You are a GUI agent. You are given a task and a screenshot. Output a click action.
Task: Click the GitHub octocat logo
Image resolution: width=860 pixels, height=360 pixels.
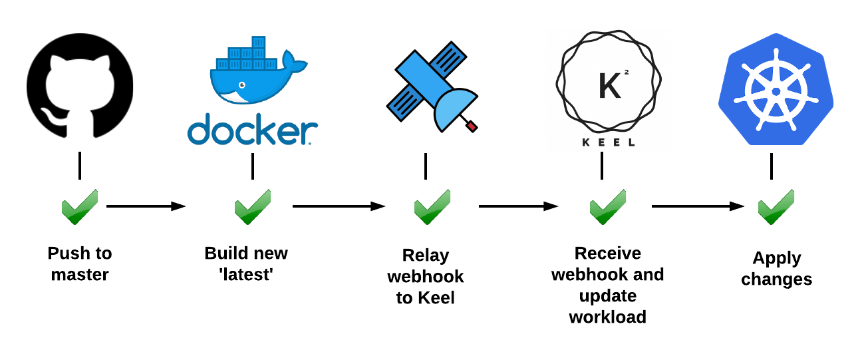pos(80,86)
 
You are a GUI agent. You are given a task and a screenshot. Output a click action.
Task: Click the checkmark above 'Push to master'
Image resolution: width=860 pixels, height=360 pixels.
pos(80,206)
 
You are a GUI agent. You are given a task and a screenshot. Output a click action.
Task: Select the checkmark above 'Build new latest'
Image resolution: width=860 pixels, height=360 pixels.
pos(253,206)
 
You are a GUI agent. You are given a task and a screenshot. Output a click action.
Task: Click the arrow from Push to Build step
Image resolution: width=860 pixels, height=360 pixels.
pos(146,206)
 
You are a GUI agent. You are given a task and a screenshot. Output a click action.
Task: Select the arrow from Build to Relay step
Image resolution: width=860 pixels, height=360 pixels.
pos(339,206)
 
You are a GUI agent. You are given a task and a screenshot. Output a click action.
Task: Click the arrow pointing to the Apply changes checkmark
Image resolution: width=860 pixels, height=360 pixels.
pos(698,206)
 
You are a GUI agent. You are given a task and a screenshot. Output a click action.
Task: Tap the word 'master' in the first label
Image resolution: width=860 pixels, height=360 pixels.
pos(80,274)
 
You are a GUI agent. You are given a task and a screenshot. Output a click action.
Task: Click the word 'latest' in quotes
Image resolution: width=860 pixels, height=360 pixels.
pos(246,274)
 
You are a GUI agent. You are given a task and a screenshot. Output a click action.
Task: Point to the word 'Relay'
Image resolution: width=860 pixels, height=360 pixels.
pos(426,256)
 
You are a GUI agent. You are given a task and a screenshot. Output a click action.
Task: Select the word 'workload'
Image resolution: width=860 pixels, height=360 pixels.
pos(607,317)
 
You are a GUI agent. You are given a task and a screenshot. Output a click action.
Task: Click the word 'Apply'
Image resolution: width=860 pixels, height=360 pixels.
pos(777,258)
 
